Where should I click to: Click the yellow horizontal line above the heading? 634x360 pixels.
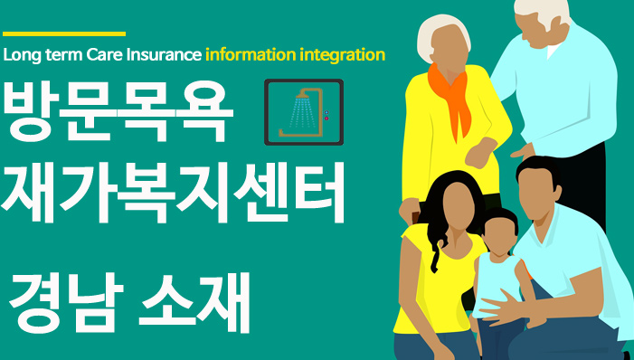[x=64, y=34]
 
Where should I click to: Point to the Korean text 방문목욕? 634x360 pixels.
[x=118, y=112]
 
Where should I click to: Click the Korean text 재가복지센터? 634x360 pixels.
[x=173, y=192]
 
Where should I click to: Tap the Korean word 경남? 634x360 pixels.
[x=66, y=302]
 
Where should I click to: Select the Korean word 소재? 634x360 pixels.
[x=195, y=302]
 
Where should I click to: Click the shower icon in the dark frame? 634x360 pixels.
[x=303, y=112]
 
